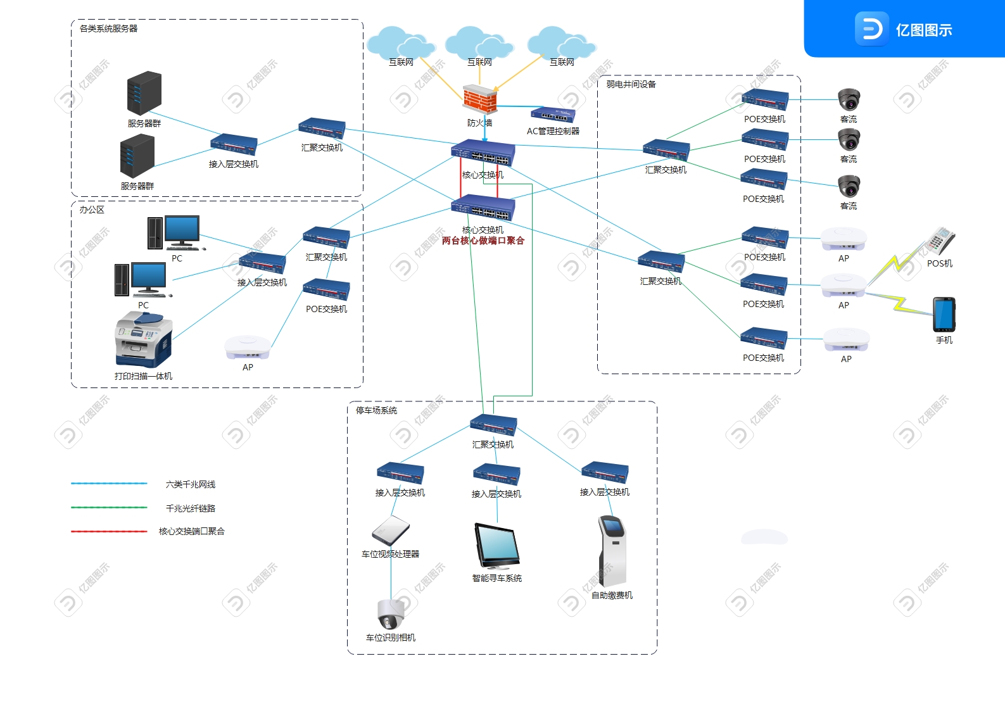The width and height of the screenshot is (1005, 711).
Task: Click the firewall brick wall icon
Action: click(x=479, y=99)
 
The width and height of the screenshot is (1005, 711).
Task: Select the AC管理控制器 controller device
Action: click(x=553, y=115)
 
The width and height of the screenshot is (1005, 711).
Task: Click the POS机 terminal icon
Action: click(x=941, y=241)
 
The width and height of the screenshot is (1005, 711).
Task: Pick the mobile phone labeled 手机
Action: click(x=944, y=315)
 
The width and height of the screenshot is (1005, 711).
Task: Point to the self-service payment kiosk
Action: click(x=612, y=551)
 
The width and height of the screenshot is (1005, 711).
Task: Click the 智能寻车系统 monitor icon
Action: click(x=497, y=546)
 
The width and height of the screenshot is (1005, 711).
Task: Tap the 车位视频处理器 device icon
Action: click(x=391, y=531)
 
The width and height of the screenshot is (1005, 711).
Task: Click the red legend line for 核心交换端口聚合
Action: click(x=109, y=531)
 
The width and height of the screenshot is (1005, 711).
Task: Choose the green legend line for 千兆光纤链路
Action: click(x=109, y=508)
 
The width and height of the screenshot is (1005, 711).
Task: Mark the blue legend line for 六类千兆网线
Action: click(x=109, y=484)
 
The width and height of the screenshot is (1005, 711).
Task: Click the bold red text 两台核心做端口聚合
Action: click(x=483, y=241)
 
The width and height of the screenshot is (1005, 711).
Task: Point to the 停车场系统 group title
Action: click(x=376, y=410)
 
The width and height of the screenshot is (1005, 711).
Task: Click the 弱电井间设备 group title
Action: click(x=631, y=84)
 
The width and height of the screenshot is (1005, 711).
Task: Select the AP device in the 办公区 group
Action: click(x=248, y=347)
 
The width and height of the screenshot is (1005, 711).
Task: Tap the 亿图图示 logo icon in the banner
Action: click(x=871, y=29)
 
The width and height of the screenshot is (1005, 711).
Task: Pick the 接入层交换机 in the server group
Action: click(x=234, y=144)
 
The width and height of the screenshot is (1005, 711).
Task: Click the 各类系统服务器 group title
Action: click(x=108, y=28)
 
